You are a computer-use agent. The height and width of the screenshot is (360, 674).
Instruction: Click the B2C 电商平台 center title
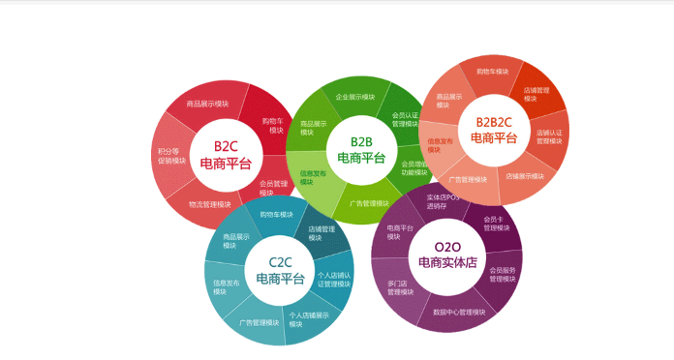225,155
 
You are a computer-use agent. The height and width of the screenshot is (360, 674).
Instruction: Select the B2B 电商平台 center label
360,149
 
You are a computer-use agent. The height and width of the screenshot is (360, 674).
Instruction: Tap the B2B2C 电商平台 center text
495,129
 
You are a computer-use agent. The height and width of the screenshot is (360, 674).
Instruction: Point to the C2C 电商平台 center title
279,270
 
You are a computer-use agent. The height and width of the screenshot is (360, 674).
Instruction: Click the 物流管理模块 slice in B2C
209,204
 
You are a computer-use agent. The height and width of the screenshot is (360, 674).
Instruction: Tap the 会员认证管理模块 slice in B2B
406,120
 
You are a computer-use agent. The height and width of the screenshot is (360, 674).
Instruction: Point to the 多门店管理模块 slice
401,287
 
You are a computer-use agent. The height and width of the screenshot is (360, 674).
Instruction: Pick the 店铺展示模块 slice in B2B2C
524,176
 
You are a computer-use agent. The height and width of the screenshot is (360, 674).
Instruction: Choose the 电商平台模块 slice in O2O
400,231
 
